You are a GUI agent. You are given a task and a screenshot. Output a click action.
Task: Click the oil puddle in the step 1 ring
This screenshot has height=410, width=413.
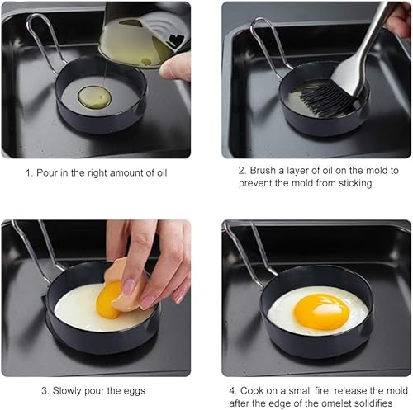pyautogui.click(x=95, y=97)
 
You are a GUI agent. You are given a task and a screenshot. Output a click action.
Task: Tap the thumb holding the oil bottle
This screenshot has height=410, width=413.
pyautogui.click(x=175, y=68)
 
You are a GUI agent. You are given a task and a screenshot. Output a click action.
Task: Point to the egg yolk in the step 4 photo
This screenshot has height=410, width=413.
pyautogui.click(x=321, y=312)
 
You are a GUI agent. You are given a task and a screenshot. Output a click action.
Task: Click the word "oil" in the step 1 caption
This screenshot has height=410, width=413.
pyautogui.click(x=162, y=173)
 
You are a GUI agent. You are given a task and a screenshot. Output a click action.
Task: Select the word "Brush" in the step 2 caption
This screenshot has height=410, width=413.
pyautogui.click(x=263, y=171)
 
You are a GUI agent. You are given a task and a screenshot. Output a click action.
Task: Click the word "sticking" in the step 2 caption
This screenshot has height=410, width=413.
pyautogui.click(x=355, y=183)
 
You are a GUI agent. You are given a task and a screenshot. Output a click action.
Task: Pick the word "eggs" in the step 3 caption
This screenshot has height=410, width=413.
pyautogui.click(x=135, y=391)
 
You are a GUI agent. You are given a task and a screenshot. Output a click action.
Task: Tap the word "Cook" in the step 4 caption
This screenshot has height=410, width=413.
pyautogui.click(x=252, y=390)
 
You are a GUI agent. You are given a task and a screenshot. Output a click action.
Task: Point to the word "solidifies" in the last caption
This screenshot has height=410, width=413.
pyautogui.click(x=373, y=403)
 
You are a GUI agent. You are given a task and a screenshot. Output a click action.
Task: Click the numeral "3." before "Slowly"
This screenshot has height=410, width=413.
pyautogui.click(x=45, y=391)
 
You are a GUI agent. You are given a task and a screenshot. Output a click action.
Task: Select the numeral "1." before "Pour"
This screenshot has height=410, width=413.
pyautogui.click(x=30, y=173)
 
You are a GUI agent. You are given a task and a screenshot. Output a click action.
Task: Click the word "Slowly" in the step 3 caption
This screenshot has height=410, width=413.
pyautogui.click(x=67, y=391)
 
